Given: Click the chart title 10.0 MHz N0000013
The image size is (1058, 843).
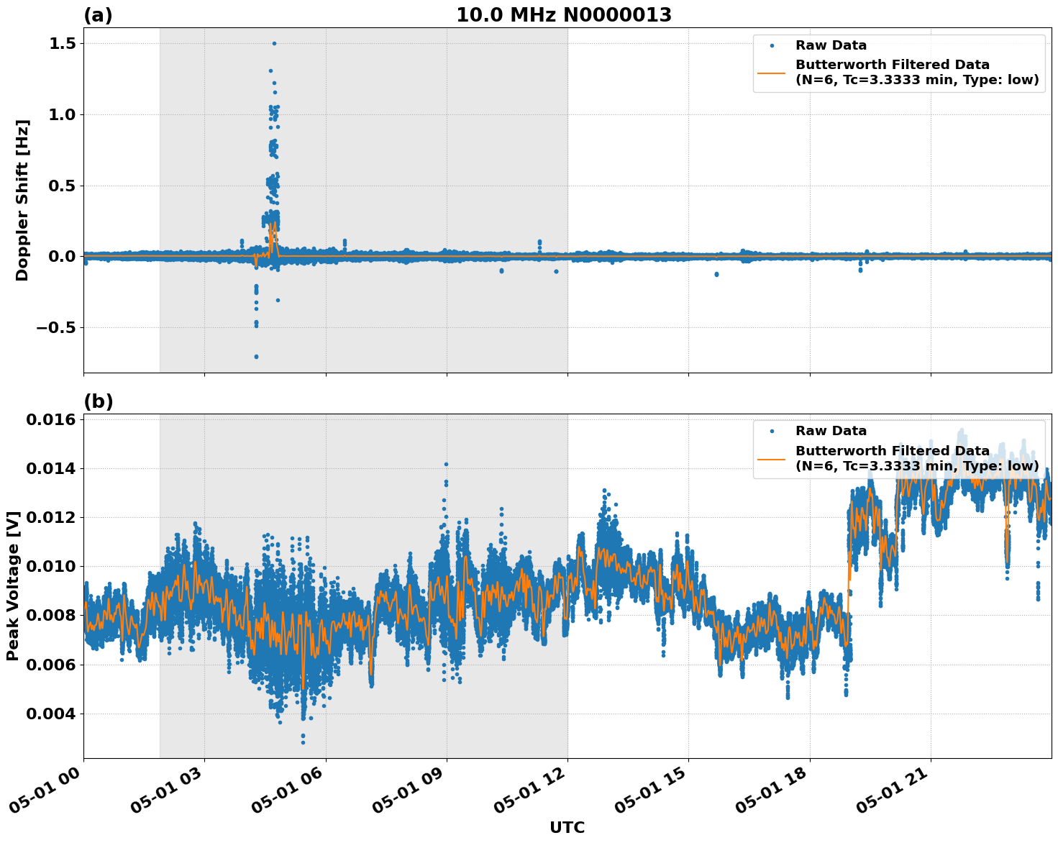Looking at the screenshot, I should [x=564, y=15].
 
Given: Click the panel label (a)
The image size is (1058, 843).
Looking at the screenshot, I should [x=98, y=15].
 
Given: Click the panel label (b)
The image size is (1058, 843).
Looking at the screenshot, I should [x=98, y=401].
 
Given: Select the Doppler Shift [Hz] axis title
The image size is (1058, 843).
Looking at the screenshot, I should [x=22, y=200].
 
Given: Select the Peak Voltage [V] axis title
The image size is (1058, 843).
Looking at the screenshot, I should [x=12, y=585].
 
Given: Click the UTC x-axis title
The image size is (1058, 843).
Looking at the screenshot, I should [x=567, y=827].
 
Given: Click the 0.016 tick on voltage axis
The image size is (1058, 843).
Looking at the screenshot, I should [x=52, y=420].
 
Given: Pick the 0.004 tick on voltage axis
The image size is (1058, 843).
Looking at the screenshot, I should [x=52, y=714].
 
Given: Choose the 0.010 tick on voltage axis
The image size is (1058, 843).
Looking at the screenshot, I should [x=52, y=567].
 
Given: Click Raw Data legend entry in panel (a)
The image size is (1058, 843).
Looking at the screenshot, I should [x=831, y=45].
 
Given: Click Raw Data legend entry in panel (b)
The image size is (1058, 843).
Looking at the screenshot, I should [x=831, y=431].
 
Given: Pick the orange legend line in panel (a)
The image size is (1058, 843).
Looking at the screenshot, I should [x=772, y=72].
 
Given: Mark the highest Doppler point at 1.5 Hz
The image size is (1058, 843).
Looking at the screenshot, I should [x=274, y=43].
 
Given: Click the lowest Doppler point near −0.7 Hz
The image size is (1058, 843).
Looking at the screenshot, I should [x=256, y=357].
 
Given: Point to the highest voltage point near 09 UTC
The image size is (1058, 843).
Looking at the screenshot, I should [x=446, y=465].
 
